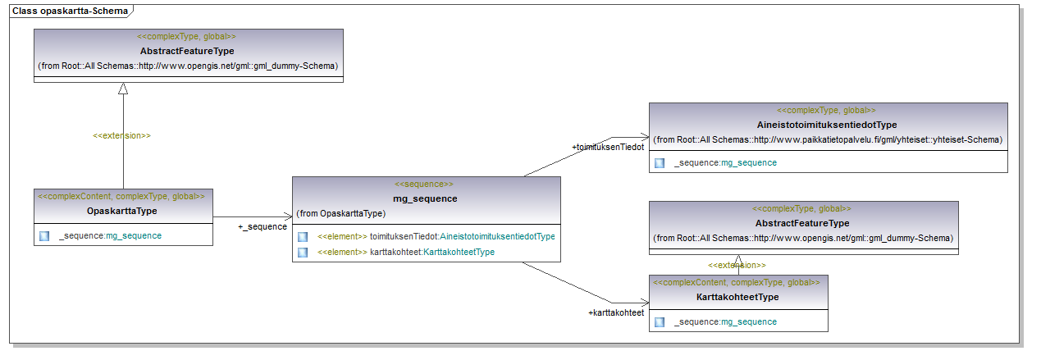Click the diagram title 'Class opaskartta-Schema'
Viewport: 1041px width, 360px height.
click(x=70, y=11)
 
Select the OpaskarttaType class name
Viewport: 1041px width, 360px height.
click(x=121, y=211)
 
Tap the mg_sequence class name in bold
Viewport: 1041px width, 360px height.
click(x=425, y=198)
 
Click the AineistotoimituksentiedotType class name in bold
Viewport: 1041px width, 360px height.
click(x=827, y=125)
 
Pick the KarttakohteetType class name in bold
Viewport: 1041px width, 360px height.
click(x=737, y=298)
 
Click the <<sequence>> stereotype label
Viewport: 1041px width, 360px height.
click(x=424, y=184)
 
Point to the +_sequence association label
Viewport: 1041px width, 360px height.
click(x=263, y=226)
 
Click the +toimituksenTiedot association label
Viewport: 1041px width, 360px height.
click(x=608, y=148)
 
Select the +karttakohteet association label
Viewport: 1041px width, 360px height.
click(x=616, y=312)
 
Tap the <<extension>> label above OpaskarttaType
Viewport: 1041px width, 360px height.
click(x=121, y=135)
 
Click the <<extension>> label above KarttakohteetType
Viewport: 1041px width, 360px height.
click(x=737, y=265)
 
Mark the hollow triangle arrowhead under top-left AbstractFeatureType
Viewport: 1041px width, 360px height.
click(x=123, y=89)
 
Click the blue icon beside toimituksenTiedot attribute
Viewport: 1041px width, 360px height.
click(x=303, y=237)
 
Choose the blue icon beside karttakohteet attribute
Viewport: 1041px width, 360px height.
click(x=303, y=253)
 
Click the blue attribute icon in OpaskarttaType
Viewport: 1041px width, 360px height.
click(x=44, y=236)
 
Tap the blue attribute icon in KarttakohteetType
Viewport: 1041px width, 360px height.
click(x=660, y=322)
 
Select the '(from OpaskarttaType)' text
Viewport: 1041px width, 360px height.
click(x=341, y=214)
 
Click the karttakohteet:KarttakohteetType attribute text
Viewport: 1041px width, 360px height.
click(x=432, y=253)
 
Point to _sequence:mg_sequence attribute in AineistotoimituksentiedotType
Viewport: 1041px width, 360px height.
click(x=725, y=163)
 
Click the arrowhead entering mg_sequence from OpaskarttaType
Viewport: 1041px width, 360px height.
click(x=288, y=216)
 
